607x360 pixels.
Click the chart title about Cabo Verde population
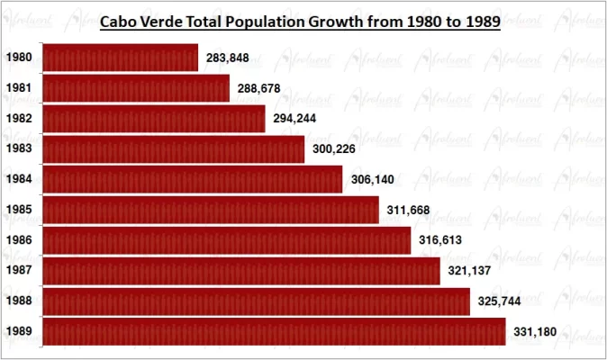click(299, 22)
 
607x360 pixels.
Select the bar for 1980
click(120, 58)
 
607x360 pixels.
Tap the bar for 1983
click(174, 148)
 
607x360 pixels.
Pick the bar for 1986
click(227, 240)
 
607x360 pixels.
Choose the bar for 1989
click(274, 331)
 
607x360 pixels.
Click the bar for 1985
click(211, 210)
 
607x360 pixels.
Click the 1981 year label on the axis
click(20, 88)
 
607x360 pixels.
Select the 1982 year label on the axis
click(20, 119)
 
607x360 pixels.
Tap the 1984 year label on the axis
click(20, 179)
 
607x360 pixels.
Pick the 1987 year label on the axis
click(20, 271)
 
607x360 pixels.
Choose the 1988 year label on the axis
click(20, 301)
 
